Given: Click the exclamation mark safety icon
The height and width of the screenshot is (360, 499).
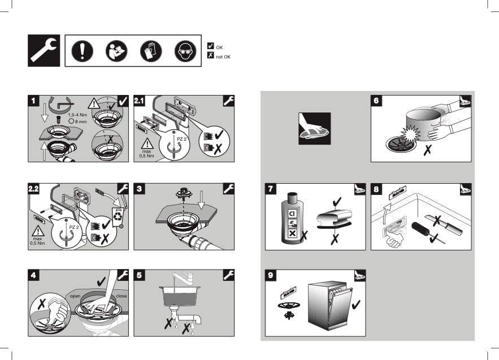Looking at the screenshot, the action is [82, 51].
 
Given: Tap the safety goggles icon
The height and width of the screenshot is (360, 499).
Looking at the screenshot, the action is [185, 51].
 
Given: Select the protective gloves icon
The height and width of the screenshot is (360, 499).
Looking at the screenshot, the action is [151, 51].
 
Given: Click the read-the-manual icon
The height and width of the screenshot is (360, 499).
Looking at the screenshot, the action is [116, 51].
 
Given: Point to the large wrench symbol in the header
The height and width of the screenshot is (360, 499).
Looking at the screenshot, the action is [44, 51].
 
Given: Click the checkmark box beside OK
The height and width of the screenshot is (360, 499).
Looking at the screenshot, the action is [210, 46].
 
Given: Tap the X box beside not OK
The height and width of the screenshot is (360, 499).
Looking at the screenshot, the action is [210, 55].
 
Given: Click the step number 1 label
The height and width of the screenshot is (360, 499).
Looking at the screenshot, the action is [33, 101].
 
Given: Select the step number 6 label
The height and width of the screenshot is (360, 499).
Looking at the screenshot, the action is [376, 101].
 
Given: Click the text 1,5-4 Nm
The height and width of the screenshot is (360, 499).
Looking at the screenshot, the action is [77, 115].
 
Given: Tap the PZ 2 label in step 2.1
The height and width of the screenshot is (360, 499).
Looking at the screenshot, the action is [181, 139].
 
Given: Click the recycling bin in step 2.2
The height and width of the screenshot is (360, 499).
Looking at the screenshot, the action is [118, 216].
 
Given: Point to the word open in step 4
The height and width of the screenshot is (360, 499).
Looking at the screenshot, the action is [75, 296].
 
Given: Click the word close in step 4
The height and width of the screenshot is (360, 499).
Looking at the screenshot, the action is [122, 296].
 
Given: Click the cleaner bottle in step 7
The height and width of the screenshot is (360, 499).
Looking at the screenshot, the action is [292, 218].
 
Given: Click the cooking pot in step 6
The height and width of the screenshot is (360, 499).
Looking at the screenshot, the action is [424, 125].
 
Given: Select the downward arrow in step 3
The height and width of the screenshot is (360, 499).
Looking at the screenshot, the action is [201, 200].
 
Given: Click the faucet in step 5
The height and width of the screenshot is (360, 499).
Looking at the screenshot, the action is [183, 278].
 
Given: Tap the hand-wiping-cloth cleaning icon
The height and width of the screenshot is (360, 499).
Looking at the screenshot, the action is [314, 128].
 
